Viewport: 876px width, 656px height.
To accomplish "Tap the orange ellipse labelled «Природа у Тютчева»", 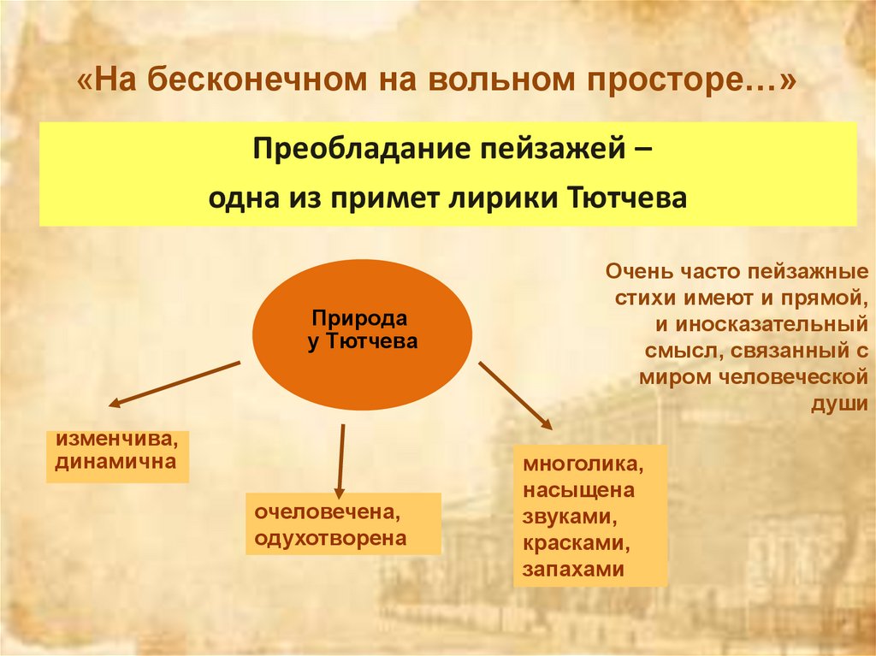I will pos(362,334).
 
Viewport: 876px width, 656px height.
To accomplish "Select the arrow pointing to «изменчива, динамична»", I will pos(175,382).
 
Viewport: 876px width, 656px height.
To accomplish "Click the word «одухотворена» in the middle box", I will pos(329,539).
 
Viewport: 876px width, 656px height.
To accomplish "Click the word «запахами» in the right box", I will pos(574,570).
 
